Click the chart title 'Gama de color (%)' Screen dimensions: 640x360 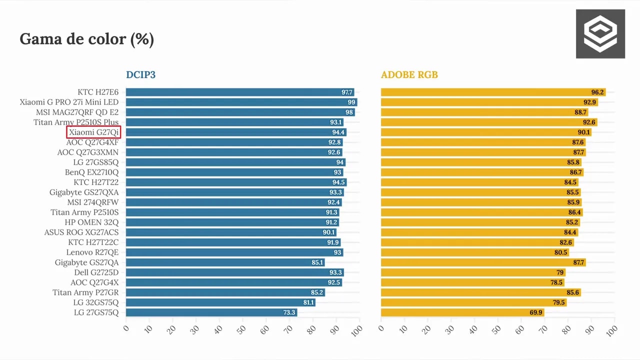(87, 39)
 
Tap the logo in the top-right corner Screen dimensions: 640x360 (600, 33)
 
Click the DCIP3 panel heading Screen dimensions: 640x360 (141, 74)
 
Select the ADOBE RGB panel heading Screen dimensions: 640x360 (409, 74)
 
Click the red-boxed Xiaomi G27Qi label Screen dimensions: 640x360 (93, 132)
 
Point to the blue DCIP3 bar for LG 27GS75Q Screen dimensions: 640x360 (211, 312)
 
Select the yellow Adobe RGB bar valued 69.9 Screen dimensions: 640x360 (462, 312)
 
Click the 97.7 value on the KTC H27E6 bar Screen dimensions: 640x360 (347, 92)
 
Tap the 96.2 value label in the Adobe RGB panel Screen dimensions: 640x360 (597, 92)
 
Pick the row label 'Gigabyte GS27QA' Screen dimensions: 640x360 (86, 262)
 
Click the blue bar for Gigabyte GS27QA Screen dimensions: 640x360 (225, 262)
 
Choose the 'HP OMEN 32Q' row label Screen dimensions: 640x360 (91, 222)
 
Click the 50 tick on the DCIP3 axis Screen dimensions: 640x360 (241, 329)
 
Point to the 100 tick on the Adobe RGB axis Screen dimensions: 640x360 (611, 331)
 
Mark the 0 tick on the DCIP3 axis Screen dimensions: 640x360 (126, 328)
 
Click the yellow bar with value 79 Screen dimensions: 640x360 (473, 272)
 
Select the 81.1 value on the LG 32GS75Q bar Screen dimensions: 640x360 (308, 302)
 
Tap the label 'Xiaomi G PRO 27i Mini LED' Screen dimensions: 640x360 (69, 102)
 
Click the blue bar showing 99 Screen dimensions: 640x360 (241, 102)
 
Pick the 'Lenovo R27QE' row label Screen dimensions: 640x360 (92, 252)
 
